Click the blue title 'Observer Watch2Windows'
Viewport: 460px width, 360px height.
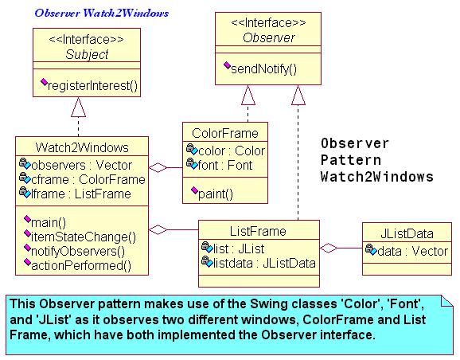(102, 14)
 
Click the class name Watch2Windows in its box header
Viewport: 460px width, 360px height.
(82, 147)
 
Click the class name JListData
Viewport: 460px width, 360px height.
(407, 233)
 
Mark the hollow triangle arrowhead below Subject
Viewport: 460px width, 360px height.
(78, 107)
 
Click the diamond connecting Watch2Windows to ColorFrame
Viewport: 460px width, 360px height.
(158, 168)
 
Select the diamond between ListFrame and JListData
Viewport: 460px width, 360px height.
(329, 248)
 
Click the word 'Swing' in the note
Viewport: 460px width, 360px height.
(267, 304)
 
